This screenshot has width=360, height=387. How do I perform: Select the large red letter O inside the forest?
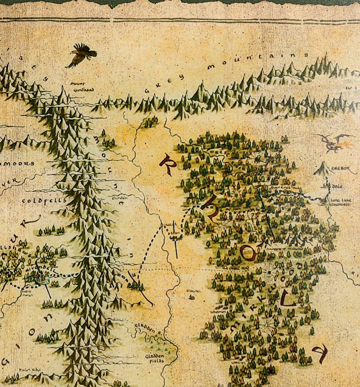click(248, 253)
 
